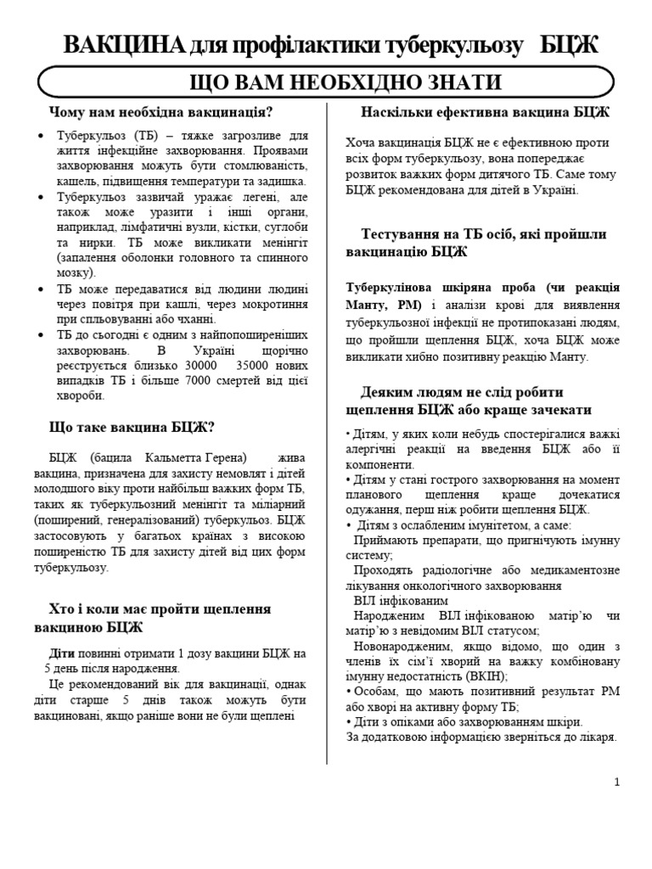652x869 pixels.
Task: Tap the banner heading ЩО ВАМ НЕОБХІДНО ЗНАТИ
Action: [326, 83]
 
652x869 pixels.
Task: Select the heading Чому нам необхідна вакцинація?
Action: [160, 112]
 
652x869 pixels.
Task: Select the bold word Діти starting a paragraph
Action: [62, 653]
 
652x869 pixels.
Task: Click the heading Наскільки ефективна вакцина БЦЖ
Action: [485, 112]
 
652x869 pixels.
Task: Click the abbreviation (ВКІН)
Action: [487, 676]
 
